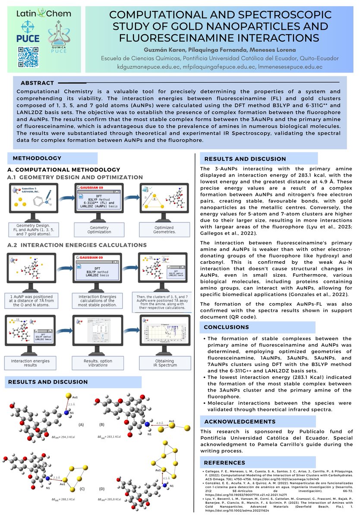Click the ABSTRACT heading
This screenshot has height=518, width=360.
pos(37,83)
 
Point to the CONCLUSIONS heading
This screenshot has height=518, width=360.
pos(225,315)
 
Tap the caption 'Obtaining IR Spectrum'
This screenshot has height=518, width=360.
pos(164,363)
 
